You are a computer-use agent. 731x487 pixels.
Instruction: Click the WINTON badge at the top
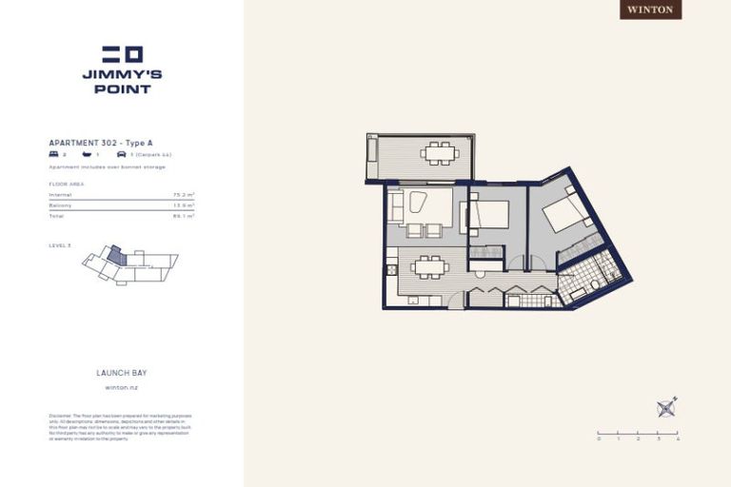[x=651, y=10]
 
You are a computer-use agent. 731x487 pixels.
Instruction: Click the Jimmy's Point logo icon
[x=122, y=54]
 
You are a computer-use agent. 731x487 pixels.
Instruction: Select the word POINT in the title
[x=122, y=89]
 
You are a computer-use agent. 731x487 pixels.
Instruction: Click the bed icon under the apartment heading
[x=53, y=153]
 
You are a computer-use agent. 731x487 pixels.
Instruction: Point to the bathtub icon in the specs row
[x=88, y=153]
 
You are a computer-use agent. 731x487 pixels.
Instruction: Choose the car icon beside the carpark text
[x=121, y=153]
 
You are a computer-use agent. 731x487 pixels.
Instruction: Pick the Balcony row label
[x=60, y=205]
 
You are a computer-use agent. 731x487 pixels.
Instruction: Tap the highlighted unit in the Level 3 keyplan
[x=115, y=255]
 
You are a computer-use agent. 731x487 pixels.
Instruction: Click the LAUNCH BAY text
[x=121, y=374]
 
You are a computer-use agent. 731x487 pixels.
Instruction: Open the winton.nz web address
[x=121, y=388]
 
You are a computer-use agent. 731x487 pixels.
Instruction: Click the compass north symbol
[x=666, y=408]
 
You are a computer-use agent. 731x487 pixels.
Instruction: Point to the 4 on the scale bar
[x=677, y=439]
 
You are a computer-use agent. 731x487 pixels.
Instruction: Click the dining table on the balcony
[x=439, y=152]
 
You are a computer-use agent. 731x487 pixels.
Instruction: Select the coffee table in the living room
[x=416, y=202]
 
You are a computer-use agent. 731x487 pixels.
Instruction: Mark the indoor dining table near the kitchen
[x=430, y=267]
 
